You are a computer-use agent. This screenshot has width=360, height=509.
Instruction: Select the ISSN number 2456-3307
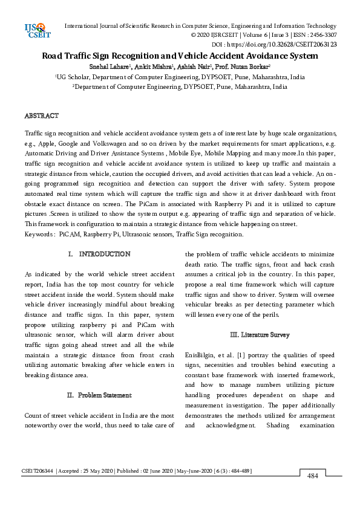click(x=322, y=36)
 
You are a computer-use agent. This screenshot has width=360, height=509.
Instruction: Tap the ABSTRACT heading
click(x=41, y=115)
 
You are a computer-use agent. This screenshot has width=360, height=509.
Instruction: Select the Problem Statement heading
click(x=104, y=395)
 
